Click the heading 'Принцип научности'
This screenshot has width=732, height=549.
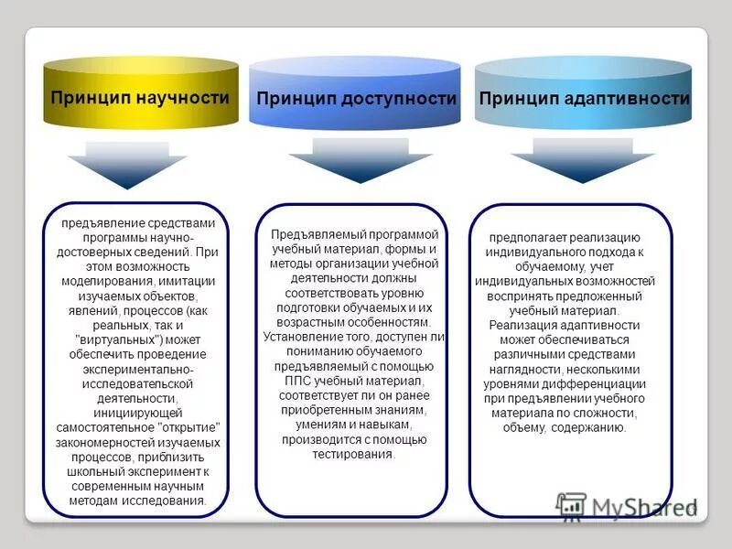pos(139,97)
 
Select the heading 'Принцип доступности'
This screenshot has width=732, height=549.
pos(356,98)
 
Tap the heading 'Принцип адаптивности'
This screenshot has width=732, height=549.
pos(584,98)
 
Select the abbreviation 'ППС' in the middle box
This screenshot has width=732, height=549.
pos(305,380)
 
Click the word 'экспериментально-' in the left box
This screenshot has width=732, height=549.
pos(135,369)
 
